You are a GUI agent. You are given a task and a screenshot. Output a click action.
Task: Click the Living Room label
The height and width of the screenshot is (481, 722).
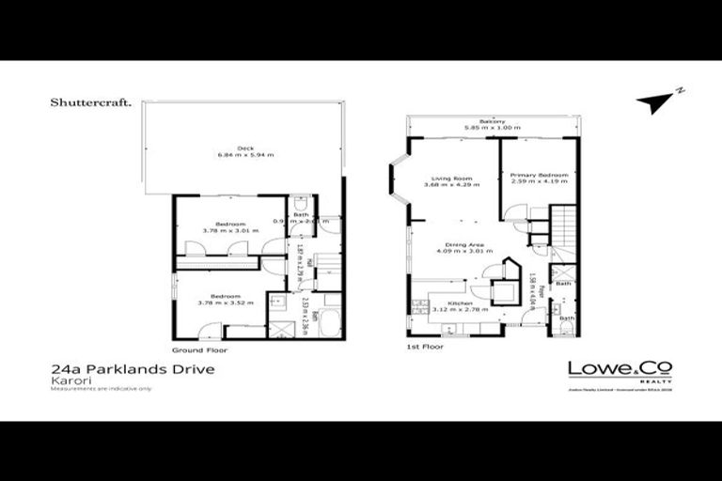point(445,178)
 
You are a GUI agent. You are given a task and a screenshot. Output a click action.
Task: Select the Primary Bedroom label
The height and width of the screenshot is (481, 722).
point(533,176)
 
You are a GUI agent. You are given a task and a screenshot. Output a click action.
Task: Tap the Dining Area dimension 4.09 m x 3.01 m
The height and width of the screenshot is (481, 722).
point(454,251)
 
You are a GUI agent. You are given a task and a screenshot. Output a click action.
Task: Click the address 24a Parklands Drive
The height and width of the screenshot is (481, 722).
point(133,369)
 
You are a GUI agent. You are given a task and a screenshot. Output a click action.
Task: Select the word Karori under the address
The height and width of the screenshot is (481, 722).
point(67,381)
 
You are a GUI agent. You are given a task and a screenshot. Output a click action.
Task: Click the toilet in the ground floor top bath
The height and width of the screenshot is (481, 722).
point(299,206)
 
